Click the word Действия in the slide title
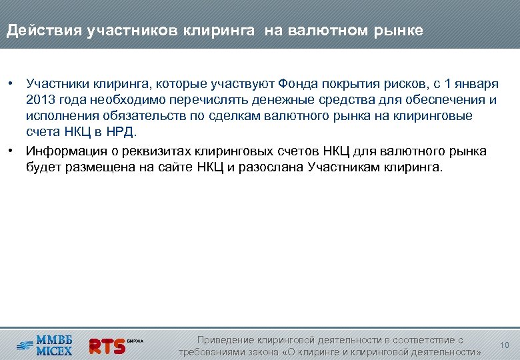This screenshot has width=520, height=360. [44, 31]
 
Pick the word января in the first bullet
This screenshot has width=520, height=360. [477, 84]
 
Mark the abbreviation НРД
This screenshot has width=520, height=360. [120, 132]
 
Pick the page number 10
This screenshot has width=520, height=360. [504, 345]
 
